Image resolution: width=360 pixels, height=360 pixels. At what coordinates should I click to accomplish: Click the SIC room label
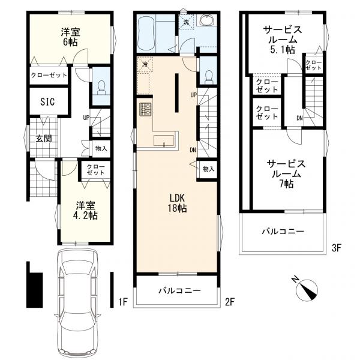click(x=47, y=101)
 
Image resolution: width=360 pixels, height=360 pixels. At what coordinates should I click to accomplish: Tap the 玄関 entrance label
click(x=44, y=139)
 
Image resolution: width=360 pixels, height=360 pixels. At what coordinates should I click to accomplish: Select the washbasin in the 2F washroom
click(x=208, y=20)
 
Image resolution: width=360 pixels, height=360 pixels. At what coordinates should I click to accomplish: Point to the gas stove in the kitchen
click(x=146, y=109)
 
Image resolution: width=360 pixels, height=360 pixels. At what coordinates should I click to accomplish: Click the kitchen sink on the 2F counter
click(x=163, y=141)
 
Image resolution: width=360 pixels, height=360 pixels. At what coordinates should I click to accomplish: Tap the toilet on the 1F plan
click(x=101, y=88)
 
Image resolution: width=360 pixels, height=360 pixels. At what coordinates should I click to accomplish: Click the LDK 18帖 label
click(x=177, y=203)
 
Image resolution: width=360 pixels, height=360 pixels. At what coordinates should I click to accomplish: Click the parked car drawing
click(x=77, y=303)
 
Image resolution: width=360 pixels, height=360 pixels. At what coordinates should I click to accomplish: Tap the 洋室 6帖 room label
click(x=70, y=37)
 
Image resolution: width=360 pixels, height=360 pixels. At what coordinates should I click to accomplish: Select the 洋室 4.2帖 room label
click(x=85, y=211)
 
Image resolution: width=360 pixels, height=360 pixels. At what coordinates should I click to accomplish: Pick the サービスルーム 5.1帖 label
click(x=283, y=40)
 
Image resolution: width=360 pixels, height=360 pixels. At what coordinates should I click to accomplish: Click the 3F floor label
click(x=336, y=248)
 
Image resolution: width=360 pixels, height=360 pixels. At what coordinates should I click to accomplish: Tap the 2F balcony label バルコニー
click(x=180, y=291)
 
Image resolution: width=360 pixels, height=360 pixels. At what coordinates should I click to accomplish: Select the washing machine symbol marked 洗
click(x=186, y=22)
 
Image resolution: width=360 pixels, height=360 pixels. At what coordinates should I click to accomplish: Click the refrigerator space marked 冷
click(x=145, y=64)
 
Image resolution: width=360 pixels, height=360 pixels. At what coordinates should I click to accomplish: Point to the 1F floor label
click(x=123, y=302)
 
